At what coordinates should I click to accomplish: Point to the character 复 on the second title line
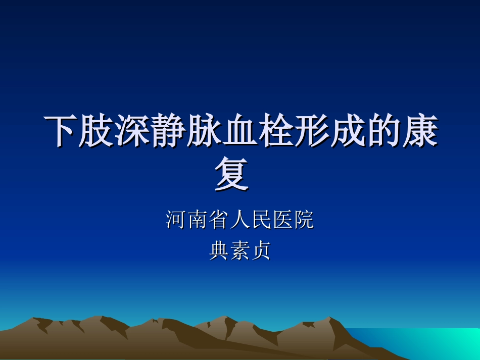[x=232, y=174]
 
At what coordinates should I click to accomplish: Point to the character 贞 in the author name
[x=261, y=250]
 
